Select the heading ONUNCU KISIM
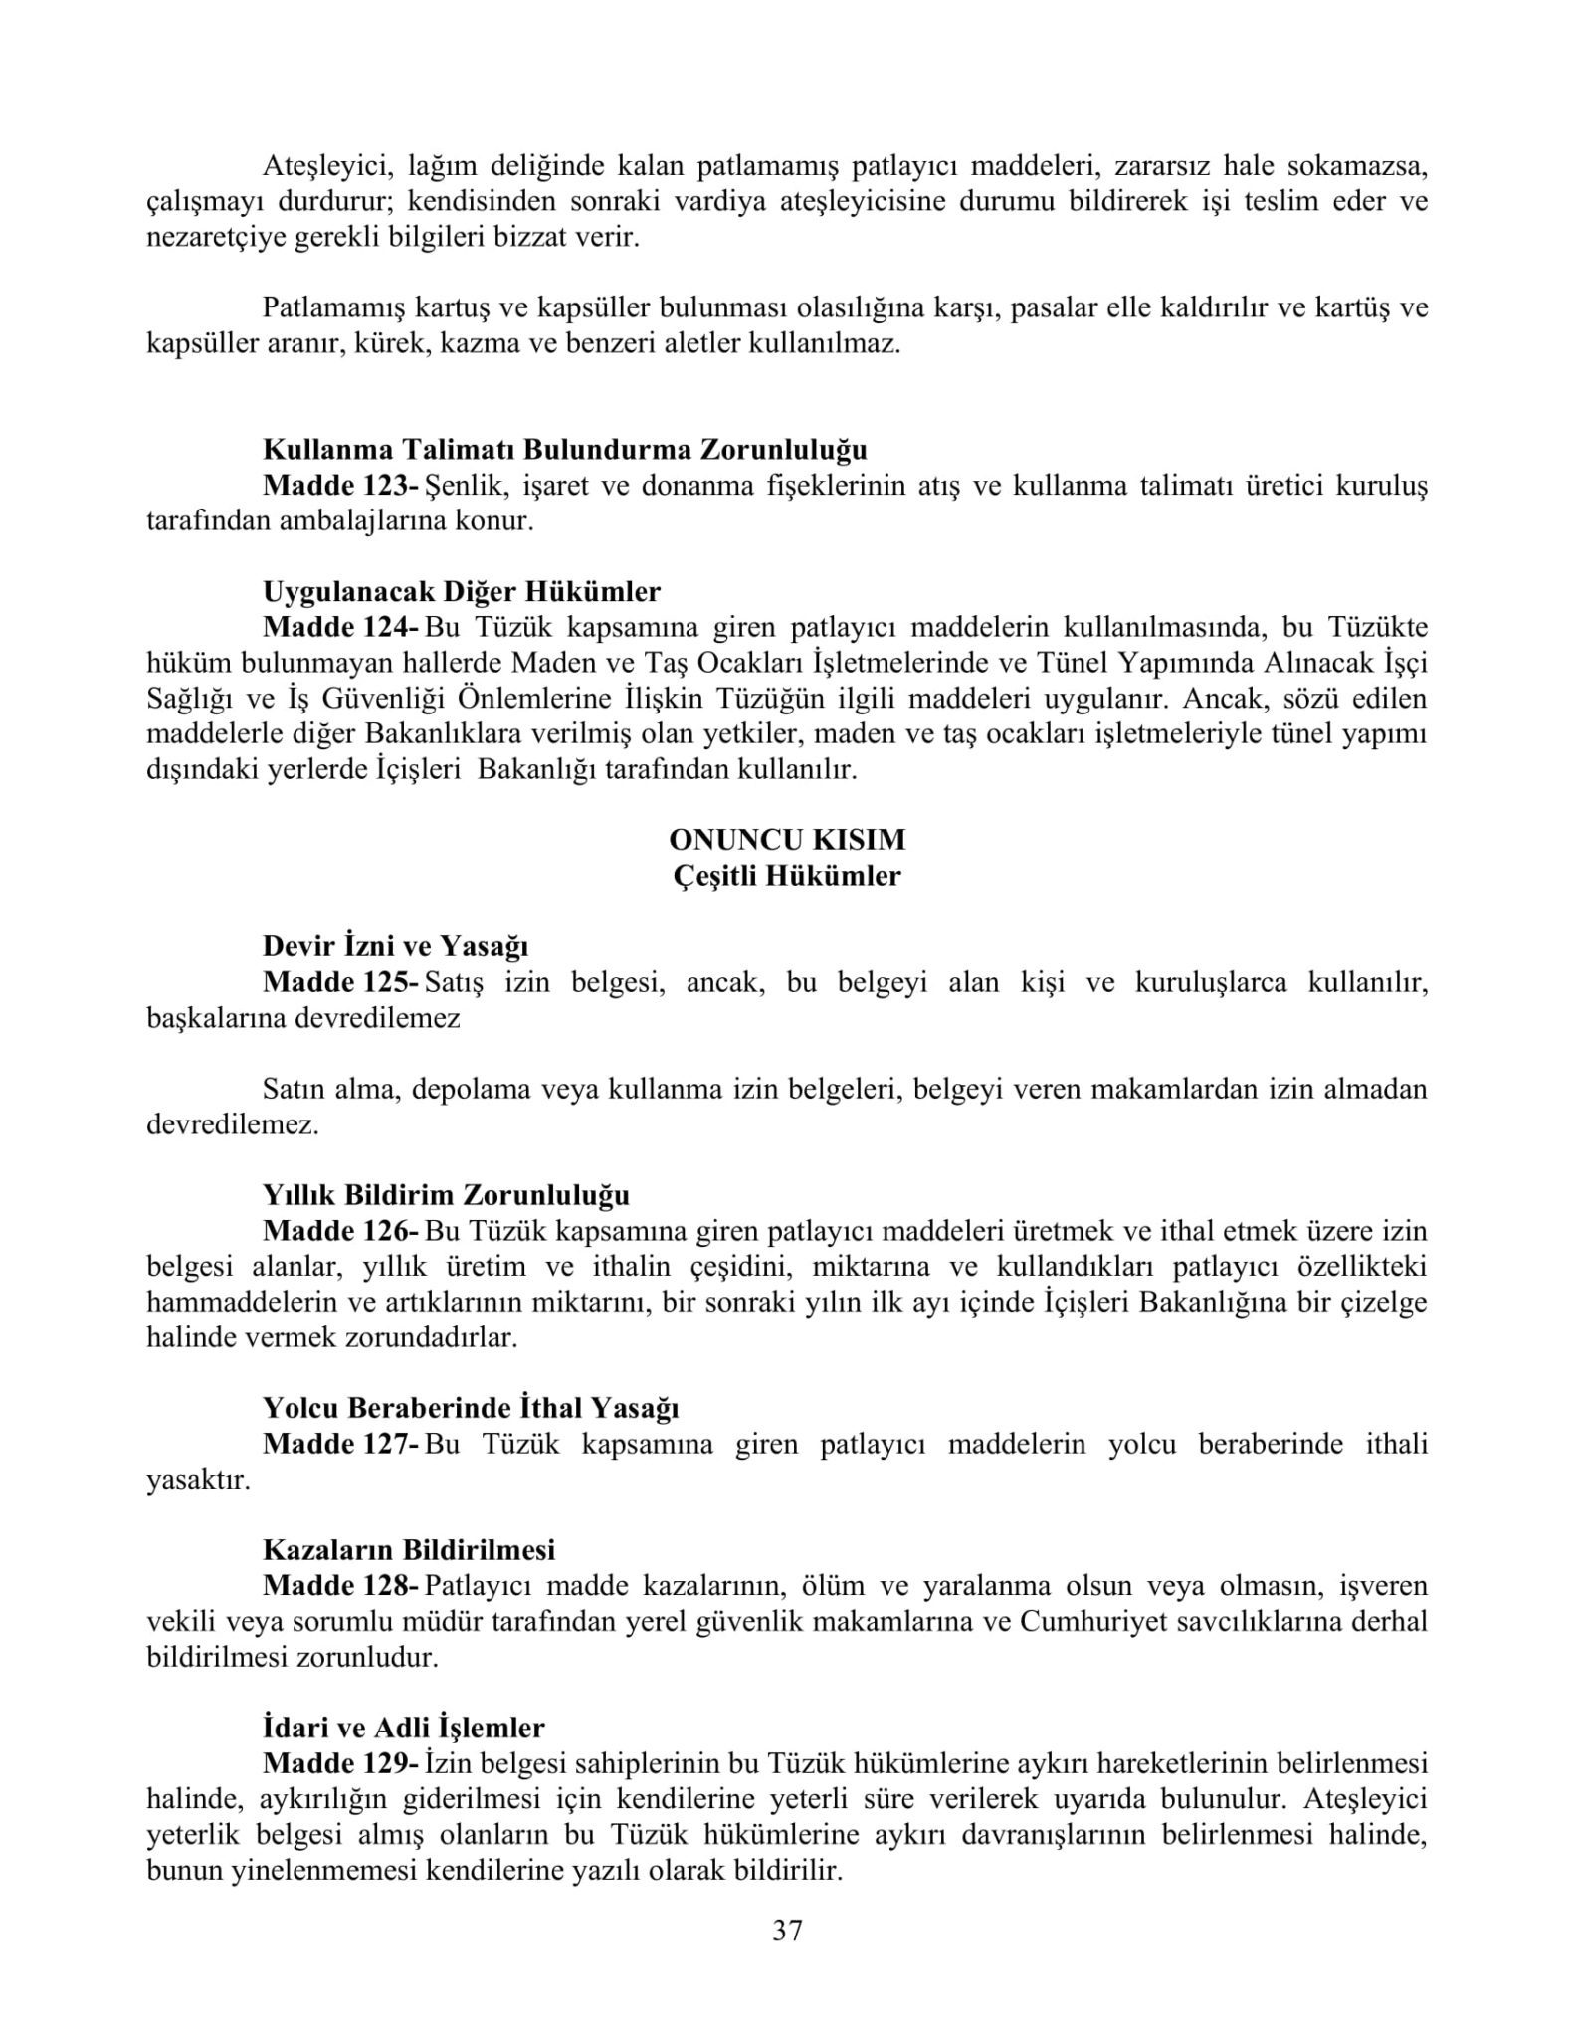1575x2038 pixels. point(787,839)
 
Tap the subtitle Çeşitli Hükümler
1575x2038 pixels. point(787,876)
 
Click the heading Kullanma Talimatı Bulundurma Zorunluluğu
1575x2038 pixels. point(564,450)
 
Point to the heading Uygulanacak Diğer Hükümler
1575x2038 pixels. point(462,591)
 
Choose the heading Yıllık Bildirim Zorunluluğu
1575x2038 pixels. point(446,1194)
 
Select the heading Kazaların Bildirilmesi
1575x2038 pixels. point(409,1549)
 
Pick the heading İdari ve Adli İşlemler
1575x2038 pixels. point(403,1728)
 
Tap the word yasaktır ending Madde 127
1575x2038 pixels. point(198,1480)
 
